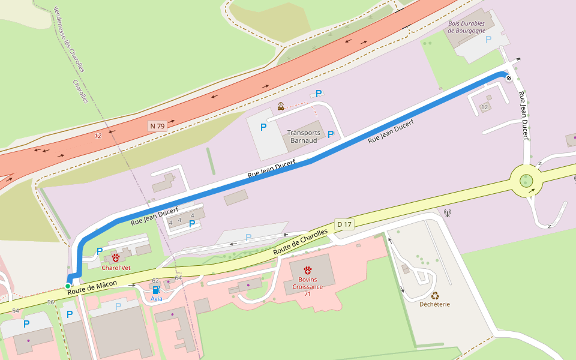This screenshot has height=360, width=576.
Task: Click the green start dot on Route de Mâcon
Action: (68, 286)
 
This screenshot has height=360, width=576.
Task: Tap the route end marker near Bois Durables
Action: (509, 78)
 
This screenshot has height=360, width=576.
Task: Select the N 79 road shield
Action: (157, 126)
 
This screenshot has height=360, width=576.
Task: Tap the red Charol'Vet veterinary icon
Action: (115, 257)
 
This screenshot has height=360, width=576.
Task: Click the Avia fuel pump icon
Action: (157, 290)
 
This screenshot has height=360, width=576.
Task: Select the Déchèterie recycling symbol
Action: (435, 295)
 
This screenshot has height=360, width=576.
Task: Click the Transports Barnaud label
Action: (304, 136)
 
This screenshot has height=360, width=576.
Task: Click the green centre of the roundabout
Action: (526, 180)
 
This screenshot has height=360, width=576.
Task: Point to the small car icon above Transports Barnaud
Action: (281, 107)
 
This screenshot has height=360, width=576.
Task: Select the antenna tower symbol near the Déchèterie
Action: (447, 212)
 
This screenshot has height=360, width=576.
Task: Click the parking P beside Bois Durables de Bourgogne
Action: (488, 39)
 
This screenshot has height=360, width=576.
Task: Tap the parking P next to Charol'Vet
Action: (100, 251)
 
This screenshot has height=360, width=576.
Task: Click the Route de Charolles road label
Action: (301, 241)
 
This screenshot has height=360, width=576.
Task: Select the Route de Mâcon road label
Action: (92, 287)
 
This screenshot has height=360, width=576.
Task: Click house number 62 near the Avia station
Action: (155, 280)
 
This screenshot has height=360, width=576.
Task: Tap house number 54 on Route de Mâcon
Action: (16, 310)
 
